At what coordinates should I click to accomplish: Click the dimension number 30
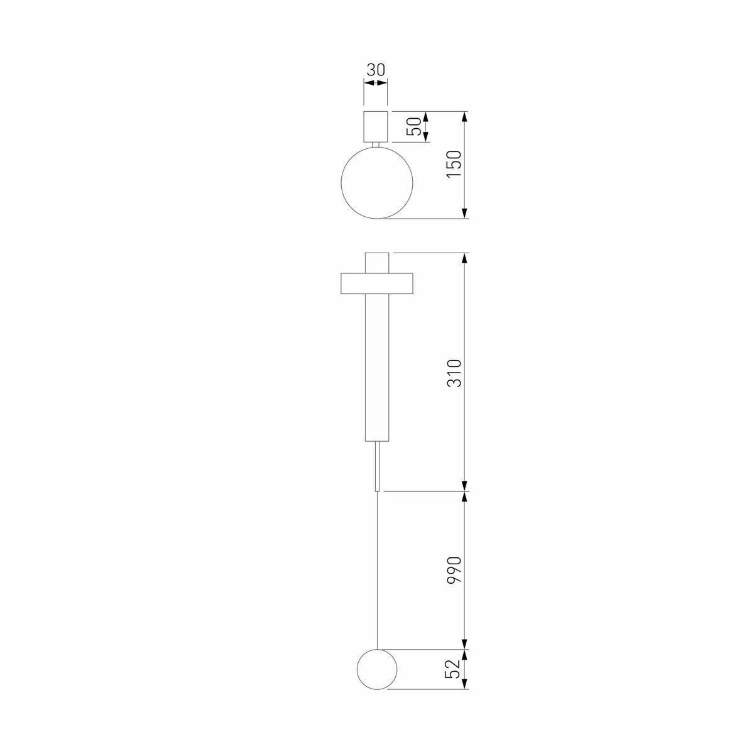coord(376,69)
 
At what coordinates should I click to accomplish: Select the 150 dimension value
coord(454,165)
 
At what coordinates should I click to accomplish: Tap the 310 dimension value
coord(454,372)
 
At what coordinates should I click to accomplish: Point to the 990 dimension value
coord(454,570)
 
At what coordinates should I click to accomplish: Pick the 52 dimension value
coord(454,669)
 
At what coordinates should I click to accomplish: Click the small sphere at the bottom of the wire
coord(376,669)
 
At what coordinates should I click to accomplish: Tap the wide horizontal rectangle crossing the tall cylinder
coord(352,284)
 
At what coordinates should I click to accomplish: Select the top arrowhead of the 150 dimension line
coord(464,117)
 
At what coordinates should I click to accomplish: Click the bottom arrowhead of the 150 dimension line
coord(464,214)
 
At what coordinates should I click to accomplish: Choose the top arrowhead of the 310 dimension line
coord(464,259)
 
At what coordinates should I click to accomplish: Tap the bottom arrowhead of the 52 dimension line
coord(464,685)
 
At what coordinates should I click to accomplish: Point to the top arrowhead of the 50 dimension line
coord(426,116)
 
